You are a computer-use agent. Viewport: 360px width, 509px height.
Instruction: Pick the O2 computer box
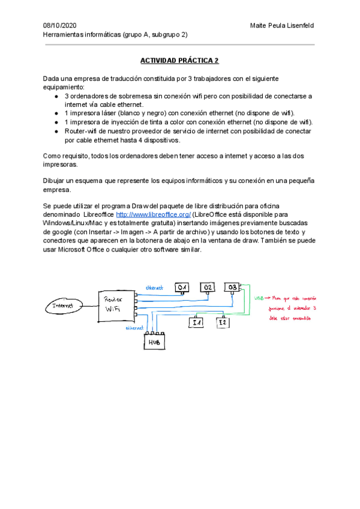[208, 288]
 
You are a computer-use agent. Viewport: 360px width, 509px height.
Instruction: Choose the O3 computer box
[233, 288]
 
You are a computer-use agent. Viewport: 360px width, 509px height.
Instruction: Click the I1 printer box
[196, 323]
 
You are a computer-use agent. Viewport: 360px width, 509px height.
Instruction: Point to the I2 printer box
[223, 323]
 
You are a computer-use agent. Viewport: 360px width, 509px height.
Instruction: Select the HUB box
[154, 342]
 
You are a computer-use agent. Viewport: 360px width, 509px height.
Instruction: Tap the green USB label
[259, 298]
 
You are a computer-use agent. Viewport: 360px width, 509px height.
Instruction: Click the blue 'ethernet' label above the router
[154, 288]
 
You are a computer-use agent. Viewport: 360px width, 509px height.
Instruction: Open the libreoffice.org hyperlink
[153, 214]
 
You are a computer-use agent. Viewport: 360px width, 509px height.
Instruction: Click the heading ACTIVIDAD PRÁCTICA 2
[179, 61]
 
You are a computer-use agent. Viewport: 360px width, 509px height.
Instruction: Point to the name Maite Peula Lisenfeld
[281, 25]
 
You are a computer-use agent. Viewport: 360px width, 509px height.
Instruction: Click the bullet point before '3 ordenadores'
[55, 96]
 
